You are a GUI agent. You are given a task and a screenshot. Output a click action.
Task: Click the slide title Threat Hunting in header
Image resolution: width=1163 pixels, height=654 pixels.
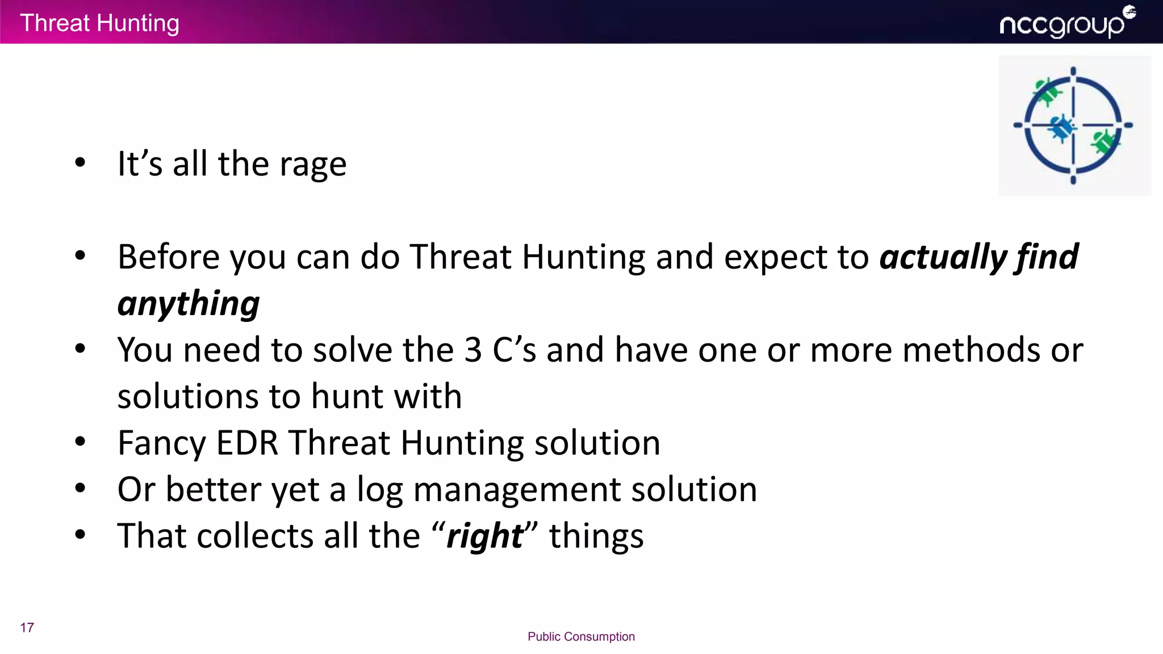coord(100,23)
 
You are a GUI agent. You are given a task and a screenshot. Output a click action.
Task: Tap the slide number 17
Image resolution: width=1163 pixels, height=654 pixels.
coord(27,627)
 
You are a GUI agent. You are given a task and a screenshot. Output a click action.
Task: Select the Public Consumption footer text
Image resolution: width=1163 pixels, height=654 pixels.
coord(581,636)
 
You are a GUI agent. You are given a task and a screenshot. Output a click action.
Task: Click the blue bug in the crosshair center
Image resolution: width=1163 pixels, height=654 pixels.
coord(1060,127)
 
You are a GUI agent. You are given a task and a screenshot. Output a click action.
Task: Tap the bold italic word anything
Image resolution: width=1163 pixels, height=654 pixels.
coord(189,304)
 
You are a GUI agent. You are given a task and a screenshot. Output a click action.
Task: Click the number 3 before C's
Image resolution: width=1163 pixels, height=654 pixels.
coord(472,350)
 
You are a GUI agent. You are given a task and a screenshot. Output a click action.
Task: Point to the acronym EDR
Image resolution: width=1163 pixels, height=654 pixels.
coord(247,443)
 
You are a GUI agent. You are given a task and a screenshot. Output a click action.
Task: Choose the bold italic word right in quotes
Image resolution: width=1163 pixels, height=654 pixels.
coord(484,536)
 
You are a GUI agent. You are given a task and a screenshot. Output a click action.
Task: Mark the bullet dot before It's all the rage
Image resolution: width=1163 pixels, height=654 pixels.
coord(80,162)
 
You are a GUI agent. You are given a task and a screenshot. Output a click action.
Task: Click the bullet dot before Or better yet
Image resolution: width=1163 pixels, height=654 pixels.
coord(80,488)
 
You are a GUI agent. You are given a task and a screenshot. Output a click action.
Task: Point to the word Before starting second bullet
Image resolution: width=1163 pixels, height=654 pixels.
coord(168,257)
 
